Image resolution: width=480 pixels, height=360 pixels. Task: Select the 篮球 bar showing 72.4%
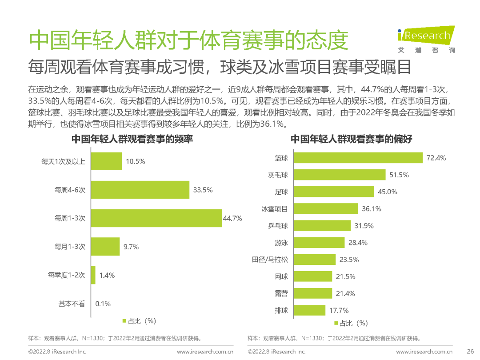point(358,158)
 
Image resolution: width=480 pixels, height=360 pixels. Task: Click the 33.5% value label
point(203,190)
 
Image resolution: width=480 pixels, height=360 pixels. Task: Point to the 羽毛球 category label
point(278,175)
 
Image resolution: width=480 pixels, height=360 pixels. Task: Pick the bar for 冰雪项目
point(326,209)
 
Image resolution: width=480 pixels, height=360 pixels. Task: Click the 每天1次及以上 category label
point(63,161)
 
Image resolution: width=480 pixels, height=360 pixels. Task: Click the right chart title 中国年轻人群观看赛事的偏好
point(352,140)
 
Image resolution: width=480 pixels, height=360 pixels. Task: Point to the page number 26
point(470,352)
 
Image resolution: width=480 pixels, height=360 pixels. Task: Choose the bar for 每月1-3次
point(105,247)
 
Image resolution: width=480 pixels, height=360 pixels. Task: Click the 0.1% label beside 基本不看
point(103,304)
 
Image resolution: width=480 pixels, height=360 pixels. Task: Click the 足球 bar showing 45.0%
point(334,192)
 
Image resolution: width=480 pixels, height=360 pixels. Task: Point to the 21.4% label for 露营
point(346,293)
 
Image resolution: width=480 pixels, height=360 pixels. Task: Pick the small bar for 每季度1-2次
point(93,275)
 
